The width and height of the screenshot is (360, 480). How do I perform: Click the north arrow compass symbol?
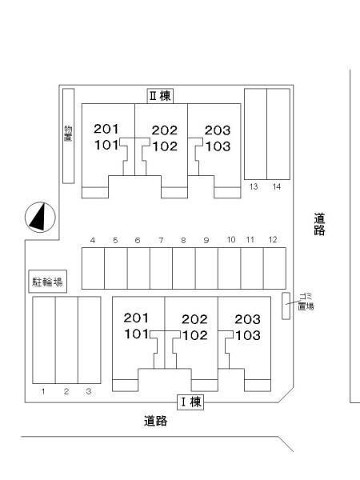40,218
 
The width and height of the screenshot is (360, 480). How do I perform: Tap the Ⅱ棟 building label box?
161,96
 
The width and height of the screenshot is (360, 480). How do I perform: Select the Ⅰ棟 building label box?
190,402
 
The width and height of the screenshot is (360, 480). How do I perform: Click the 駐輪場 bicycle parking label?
47,282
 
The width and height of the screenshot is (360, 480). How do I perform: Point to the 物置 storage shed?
68,136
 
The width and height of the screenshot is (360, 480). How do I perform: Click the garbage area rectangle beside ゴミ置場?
286,306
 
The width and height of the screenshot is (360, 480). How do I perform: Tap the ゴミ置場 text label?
306,302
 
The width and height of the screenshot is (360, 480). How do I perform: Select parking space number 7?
161,268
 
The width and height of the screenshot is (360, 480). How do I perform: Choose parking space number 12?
274,268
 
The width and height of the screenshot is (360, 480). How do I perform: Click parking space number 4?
93,268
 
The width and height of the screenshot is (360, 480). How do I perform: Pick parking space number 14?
278,134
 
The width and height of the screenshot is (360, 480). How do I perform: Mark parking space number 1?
44,340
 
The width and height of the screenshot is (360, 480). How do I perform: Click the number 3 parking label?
89,391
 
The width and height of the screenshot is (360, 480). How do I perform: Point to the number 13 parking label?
254,186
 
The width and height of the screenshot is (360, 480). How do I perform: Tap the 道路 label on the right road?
319,224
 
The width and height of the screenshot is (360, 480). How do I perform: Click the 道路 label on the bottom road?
155,421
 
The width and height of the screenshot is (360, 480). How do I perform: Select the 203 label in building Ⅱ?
218,130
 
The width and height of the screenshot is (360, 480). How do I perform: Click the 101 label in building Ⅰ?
136,334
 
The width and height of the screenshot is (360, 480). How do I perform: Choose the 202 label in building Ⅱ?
164,130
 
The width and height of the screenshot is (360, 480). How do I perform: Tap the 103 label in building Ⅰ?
248,335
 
